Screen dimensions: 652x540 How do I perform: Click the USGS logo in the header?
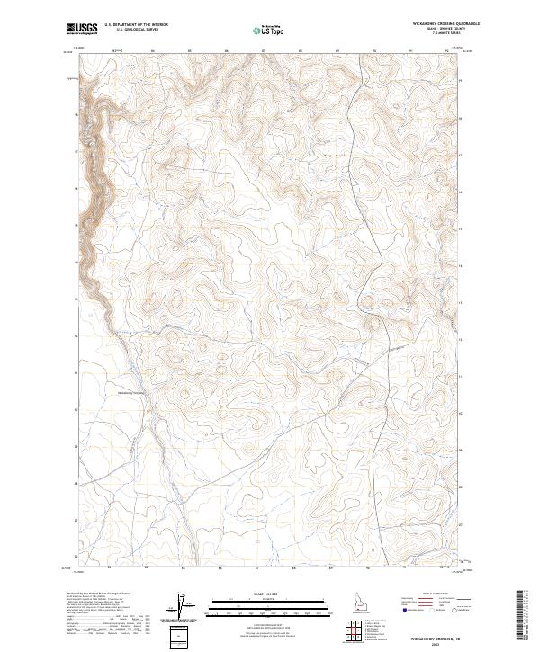coord(83,29)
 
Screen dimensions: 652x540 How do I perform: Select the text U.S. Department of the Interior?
coord(136,24)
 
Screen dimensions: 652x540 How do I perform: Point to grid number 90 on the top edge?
coord(373,51)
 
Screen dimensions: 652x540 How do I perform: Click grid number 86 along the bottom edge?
coord(220,567)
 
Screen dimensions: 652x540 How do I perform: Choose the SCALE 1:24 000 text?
coord(270,594)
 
